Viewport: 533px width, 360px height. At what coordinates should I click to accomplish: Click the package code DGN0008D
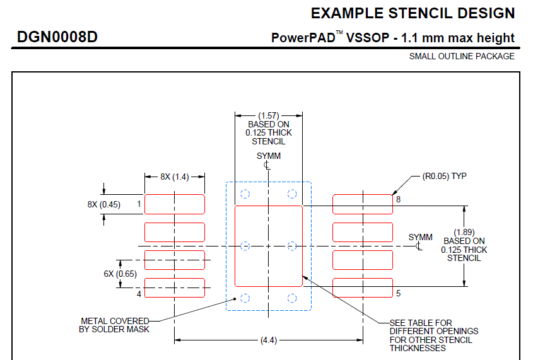[x=57, y=37]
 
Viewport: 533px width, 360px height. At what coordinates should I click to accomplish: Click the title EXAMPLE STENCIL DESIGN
[x=413, y=13]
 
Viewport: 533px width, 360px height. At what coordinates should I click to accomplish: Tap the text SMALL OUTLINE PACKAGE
[x=462, y=56]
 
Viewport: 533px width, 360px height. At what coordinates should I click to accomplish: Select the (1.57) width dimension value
[x=269, y=116]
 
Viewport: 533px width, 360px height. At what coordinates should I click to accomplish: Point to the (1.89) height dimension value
[x=464, y=232]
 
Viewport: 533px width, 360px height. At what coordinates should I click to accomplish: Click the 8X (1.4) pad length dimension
[x=174, y=177]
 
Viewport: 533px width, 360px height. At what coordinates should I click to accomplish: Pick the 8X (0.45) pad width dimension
[x=103, y=204]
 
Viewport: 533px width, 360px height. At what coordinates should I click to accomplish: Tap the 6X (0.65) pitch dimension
[x=120, y=274]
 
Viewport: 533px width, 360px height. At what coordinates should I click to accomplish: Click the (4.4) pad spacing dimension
[x=269, y=340]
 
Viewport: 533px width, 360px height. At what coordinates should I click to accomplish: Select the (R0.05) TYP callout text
[x=444, y=177]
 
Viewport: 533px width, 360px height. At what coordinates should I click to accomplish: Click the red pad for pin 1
[x=175, y=204]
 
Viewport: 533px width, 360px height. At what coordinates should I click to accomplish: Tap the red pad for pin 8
[x=363, y=204]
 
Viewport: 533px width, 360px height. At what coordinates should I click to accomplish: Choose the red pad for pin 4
[x=175, y=288]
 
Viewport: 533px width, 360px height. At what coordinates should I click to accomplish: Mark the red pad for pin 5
[x=363, y=288]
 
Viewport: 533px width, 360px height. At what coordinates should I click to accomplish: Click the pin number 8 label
[x=399, y=199]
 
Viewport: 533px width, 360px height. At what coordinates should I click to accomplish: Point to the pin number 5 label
[x=399, y=293]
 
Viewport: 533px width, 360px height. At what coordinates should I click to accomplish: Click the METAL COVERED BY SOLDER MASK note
[x=114, y=325]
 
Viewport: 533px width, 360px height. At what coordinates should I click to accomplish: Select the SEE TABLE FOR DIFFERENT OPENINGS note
[x=434, y=335]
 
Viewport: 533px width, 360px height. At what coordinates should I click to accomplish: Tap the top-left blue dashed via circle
[x=245, y=194]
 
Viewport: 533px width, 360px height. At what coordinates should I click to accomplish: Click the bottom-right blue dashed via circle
[x=292, y=298]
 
